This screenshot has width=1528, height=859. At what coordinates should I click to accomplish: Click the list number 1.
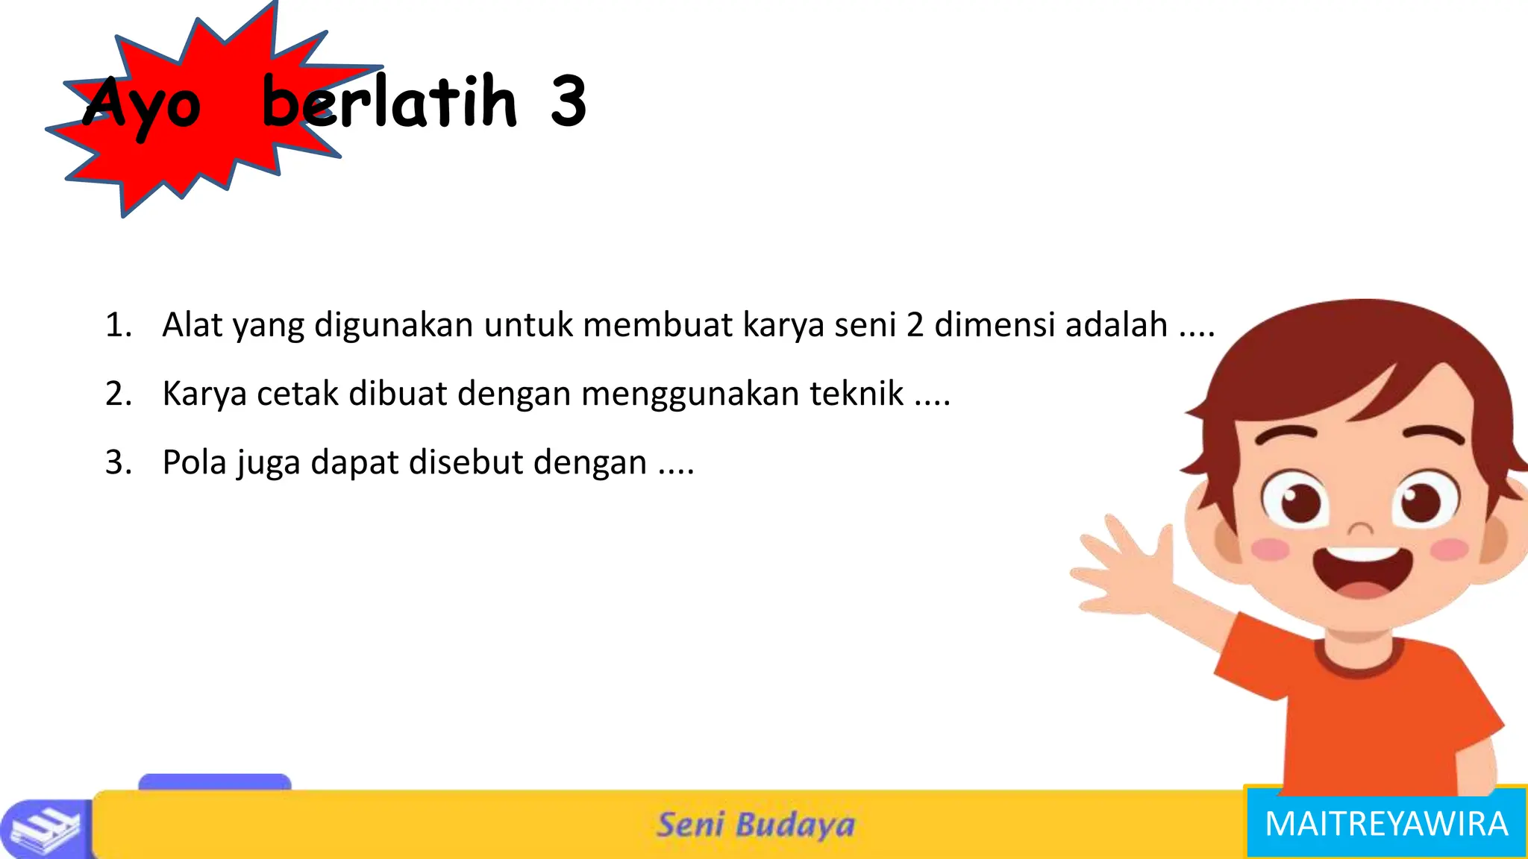pos(118,325)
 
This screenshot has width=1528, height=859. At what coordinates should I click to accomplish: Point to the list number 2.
pos(118,394)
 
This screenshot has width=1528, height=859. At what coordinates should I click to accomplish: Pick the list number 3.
pos(118,462)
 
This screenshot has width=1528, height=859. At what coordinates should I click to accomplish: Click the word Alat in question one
pos(192,325)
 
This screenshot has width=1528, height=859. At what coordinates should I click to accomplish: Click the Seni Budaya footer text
pos(755,825)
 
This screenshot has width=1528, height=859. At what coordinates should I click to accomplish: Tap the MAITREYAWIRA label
pos(1386,824)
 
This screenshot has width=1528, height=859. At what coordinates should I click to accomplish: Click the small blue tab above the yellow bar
pos(215,781)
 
